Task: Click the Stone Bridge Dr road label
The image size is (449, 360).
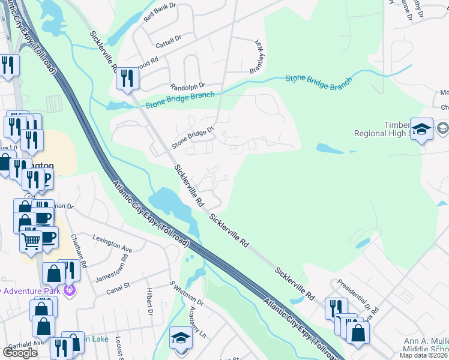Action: (193, 137)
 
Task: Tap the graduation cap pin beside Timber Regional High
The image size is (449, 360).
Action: (422, 129)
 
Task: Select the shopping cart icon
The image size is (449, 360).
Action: (31, 241)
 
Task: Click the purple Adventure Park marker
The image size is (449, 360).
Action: (70, 291)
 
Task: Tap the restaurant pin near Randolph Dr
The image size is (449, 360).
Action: (127, 79)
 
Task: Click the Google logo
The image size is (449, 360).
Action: (20, 352)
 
